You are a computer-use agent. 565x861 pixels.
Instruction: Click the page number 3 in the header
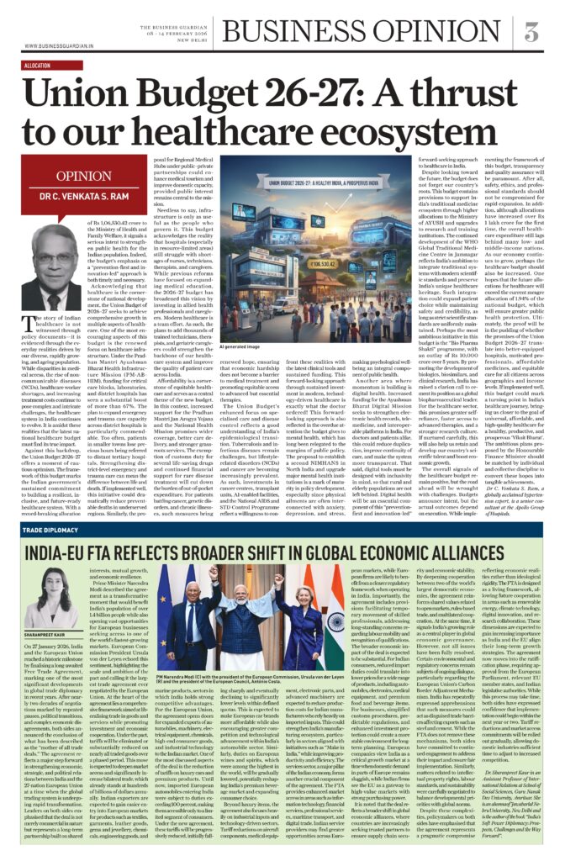(x=531, y=32)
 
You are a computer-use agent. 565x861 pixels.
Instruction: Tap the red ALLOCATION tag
(x=38, y=65)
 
